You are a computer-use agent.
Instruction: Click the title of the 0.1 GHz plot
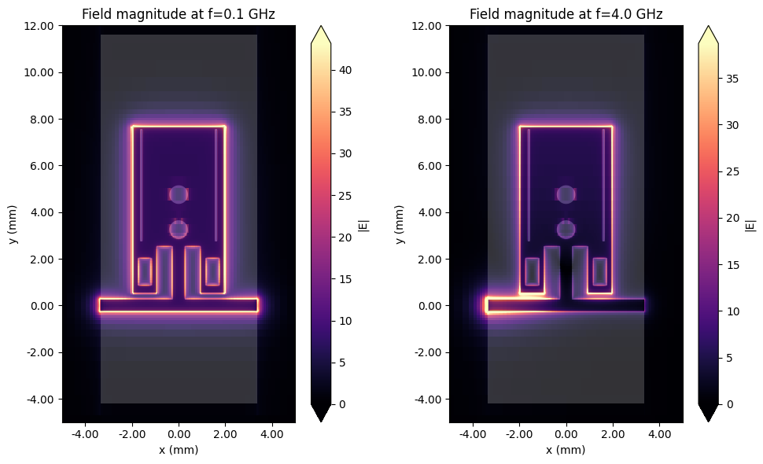(x=179, y=14)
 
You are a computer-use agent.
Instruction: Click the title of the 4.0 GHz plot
(x=566, y=14)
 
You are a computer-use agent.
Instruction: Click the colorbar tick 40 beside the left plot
(x=346, y=71)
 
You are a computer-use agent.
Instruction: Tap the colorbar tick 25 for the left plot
(x=346, y=196)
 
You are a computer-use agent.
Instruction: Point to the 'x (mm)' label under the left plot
(x=179, y=450)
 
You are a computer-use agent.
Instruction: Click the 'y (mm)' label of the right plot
(x=401, y=224)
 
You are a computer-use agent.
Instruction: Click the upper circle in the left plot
(x=179, y=194)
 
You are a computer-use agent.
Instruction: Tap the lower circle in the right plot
(x=566, y=229)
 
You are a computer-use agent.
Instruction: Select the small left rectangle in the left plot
(x=145, y=271)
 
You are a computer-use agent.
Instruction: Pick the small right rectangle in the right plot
(x=599, y=271)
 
